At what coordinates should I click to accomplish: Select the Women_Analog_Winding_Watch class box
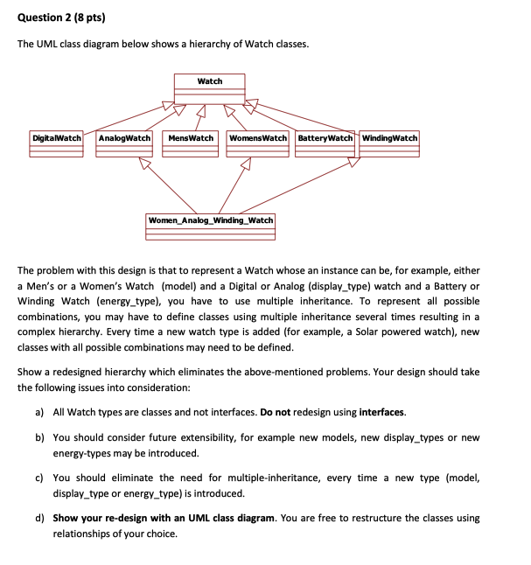211,225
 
